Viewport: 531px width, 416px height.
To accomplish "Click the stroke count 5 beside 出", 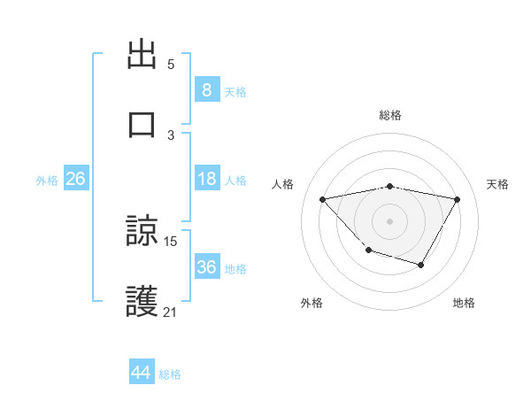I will pyautogui.click(x=171, y=65).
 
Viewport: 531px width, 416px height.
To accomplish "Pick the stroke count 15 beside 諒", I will pyautogui.click(x=171, y=241).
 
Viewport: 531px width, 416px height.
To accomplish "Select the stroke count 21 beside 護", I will pyautogui.click(x=171, y=312).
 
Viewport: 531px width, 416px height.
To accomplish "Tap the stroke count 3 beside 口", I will pyautogui.click(x=171, y=135).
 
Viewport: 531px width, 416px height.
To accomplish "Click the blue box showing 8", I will pyautogui.click(x=206, y=90).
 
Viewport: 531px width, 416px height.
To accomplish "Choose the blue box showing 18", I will pyautogui.click(x=206, y=179).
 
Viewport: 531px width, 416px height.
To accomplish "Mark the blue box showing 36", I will pyautogui.click(x=206, y=267).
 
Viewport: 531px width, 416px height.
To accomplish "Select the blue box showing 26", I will pyautogui.click(x=76, y=179).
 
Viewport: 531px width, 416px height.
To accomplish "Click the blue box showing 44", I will pyautogui.click(x=142, y=373).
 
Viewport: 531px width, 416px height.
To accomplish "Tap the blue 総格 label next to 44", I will pyautogui.click(x=170, y=374).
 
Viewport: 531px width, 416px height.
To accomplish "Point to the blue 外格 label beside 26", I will pyautogui.click(x=47, y=181).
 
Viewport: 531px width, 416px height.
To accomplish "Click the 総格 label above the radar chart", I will pyautogui.click(x=389, y=115).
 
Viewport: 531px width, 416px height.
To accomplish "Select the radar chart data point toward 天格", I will pyautogui.click(x=457, y=200).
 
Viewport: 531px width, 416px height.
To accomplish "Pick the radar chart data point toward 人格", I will pyautogui.click(x=322, y=199).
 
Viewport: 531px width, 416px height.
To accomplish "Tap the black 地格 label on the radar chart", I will pyautogui.click(x=464, y=303).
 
